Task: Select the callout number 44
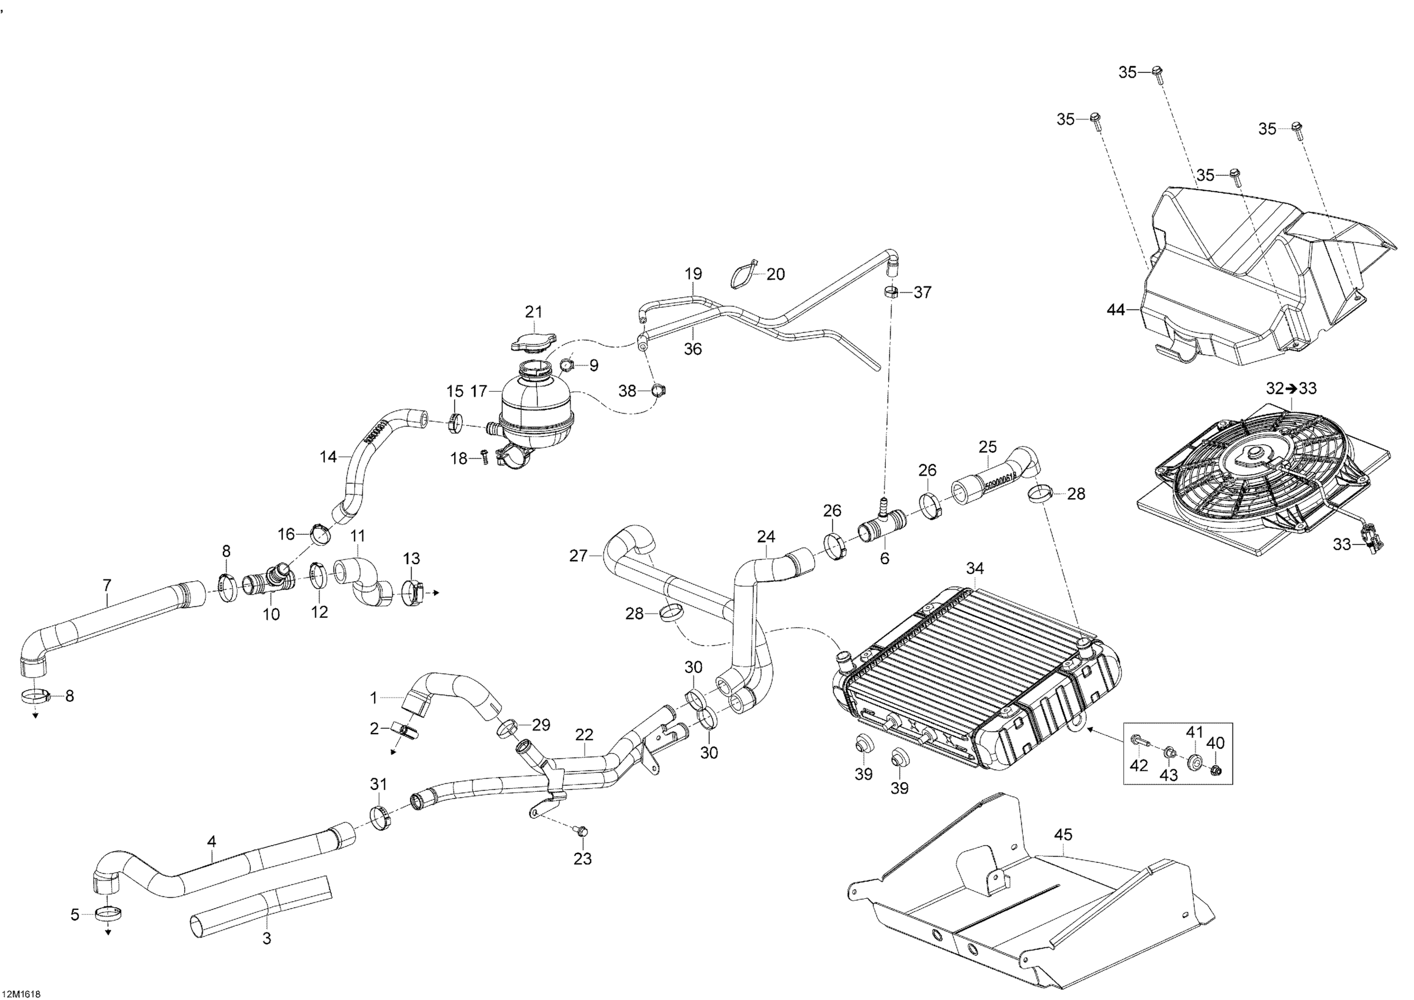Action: (x=1116, y=311)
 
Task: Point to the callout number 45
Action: (x=1063, y=835)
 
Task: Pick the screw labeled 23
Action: (x=582, y=831)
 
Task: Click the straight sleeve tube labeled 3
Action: (x=261, y=906)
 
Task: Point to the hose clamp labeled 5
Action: (x=108, y=914)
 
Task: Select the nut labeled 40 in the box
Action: (x=1215, y=771)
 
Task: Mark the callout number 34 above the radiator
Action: (x=974, y=569)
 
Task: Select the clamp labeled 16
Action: (x=321, y=535)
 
